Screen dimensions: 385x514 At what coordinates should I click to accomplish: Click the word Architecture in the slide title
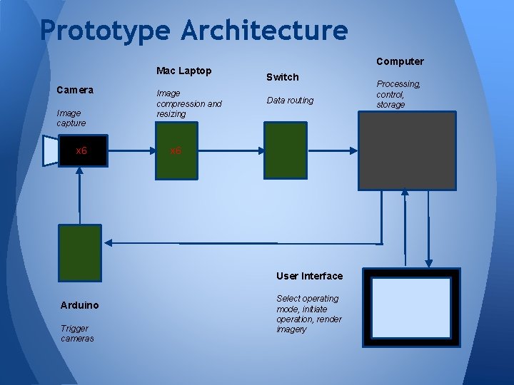(265, 30)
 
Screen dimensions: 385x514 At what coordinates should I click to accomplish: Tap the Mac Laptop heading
(184, 71)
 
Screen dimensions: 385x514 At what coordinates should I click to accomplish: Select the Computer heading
(400, 61)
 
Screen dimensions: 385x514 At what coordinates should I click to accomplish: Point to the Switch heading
(282, 76)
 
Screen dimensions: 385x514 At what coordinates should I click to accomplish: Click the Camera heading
(75, 91)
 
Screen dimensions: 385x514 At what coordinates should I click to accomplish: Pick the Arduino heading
(79, 305)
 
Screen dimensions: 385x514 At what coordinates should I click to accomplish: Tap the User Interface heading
(309, 276)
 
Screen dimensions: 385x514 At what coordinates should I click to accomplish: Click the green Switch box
(286, 150)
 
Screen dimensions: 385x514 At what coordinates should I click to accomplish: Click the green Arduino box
(81, 252)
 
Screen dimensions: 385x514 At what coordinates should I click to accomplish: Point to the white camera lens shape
(50, 150)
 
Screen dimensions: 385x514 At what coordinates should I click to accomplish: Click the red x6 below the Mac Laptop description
(176, 151)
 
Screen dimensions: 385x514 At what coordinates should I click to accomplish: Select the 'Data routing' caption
(290, 101)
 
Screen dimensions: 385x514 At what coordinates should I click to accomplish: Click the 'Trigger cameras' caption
(77, 333)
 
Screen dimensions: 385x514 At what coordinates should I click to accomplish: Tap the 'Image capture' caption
(71, 118)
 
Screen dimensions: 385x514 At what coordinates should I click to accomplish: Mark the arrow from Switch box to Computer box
(332, 150)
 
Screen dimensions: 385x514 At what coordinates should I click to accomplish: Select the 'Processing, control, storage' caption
(398, 94)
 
